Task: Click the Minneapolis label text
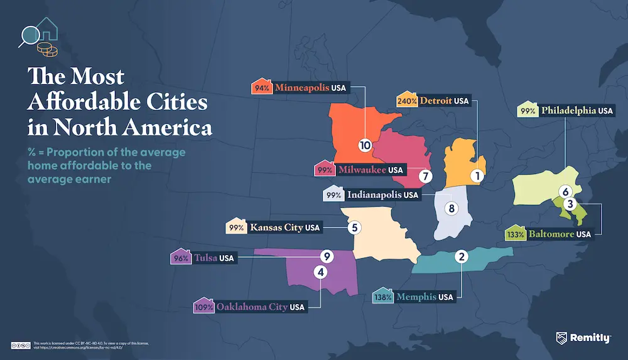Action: [x=301, y=88]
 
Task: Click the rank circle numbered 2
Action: [x=462, y=256]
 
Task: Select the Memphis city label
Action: [x=416, y=297]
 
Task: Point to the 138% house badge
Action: [x=384, y=296]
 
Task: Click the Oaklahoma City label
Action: [x=252, y=307]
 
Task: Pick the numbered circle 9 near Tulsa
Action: [x=325, y=256]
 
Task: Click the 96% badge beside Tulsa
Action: [x=181, y=258]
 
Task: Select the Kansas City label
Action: [x=276, y=227]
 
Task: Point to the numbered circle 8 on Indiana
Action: [x=450, y=208]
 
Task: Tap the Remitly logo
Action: [x=583, y=338]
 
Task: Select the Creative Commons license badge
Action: [x=22, y=344]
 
